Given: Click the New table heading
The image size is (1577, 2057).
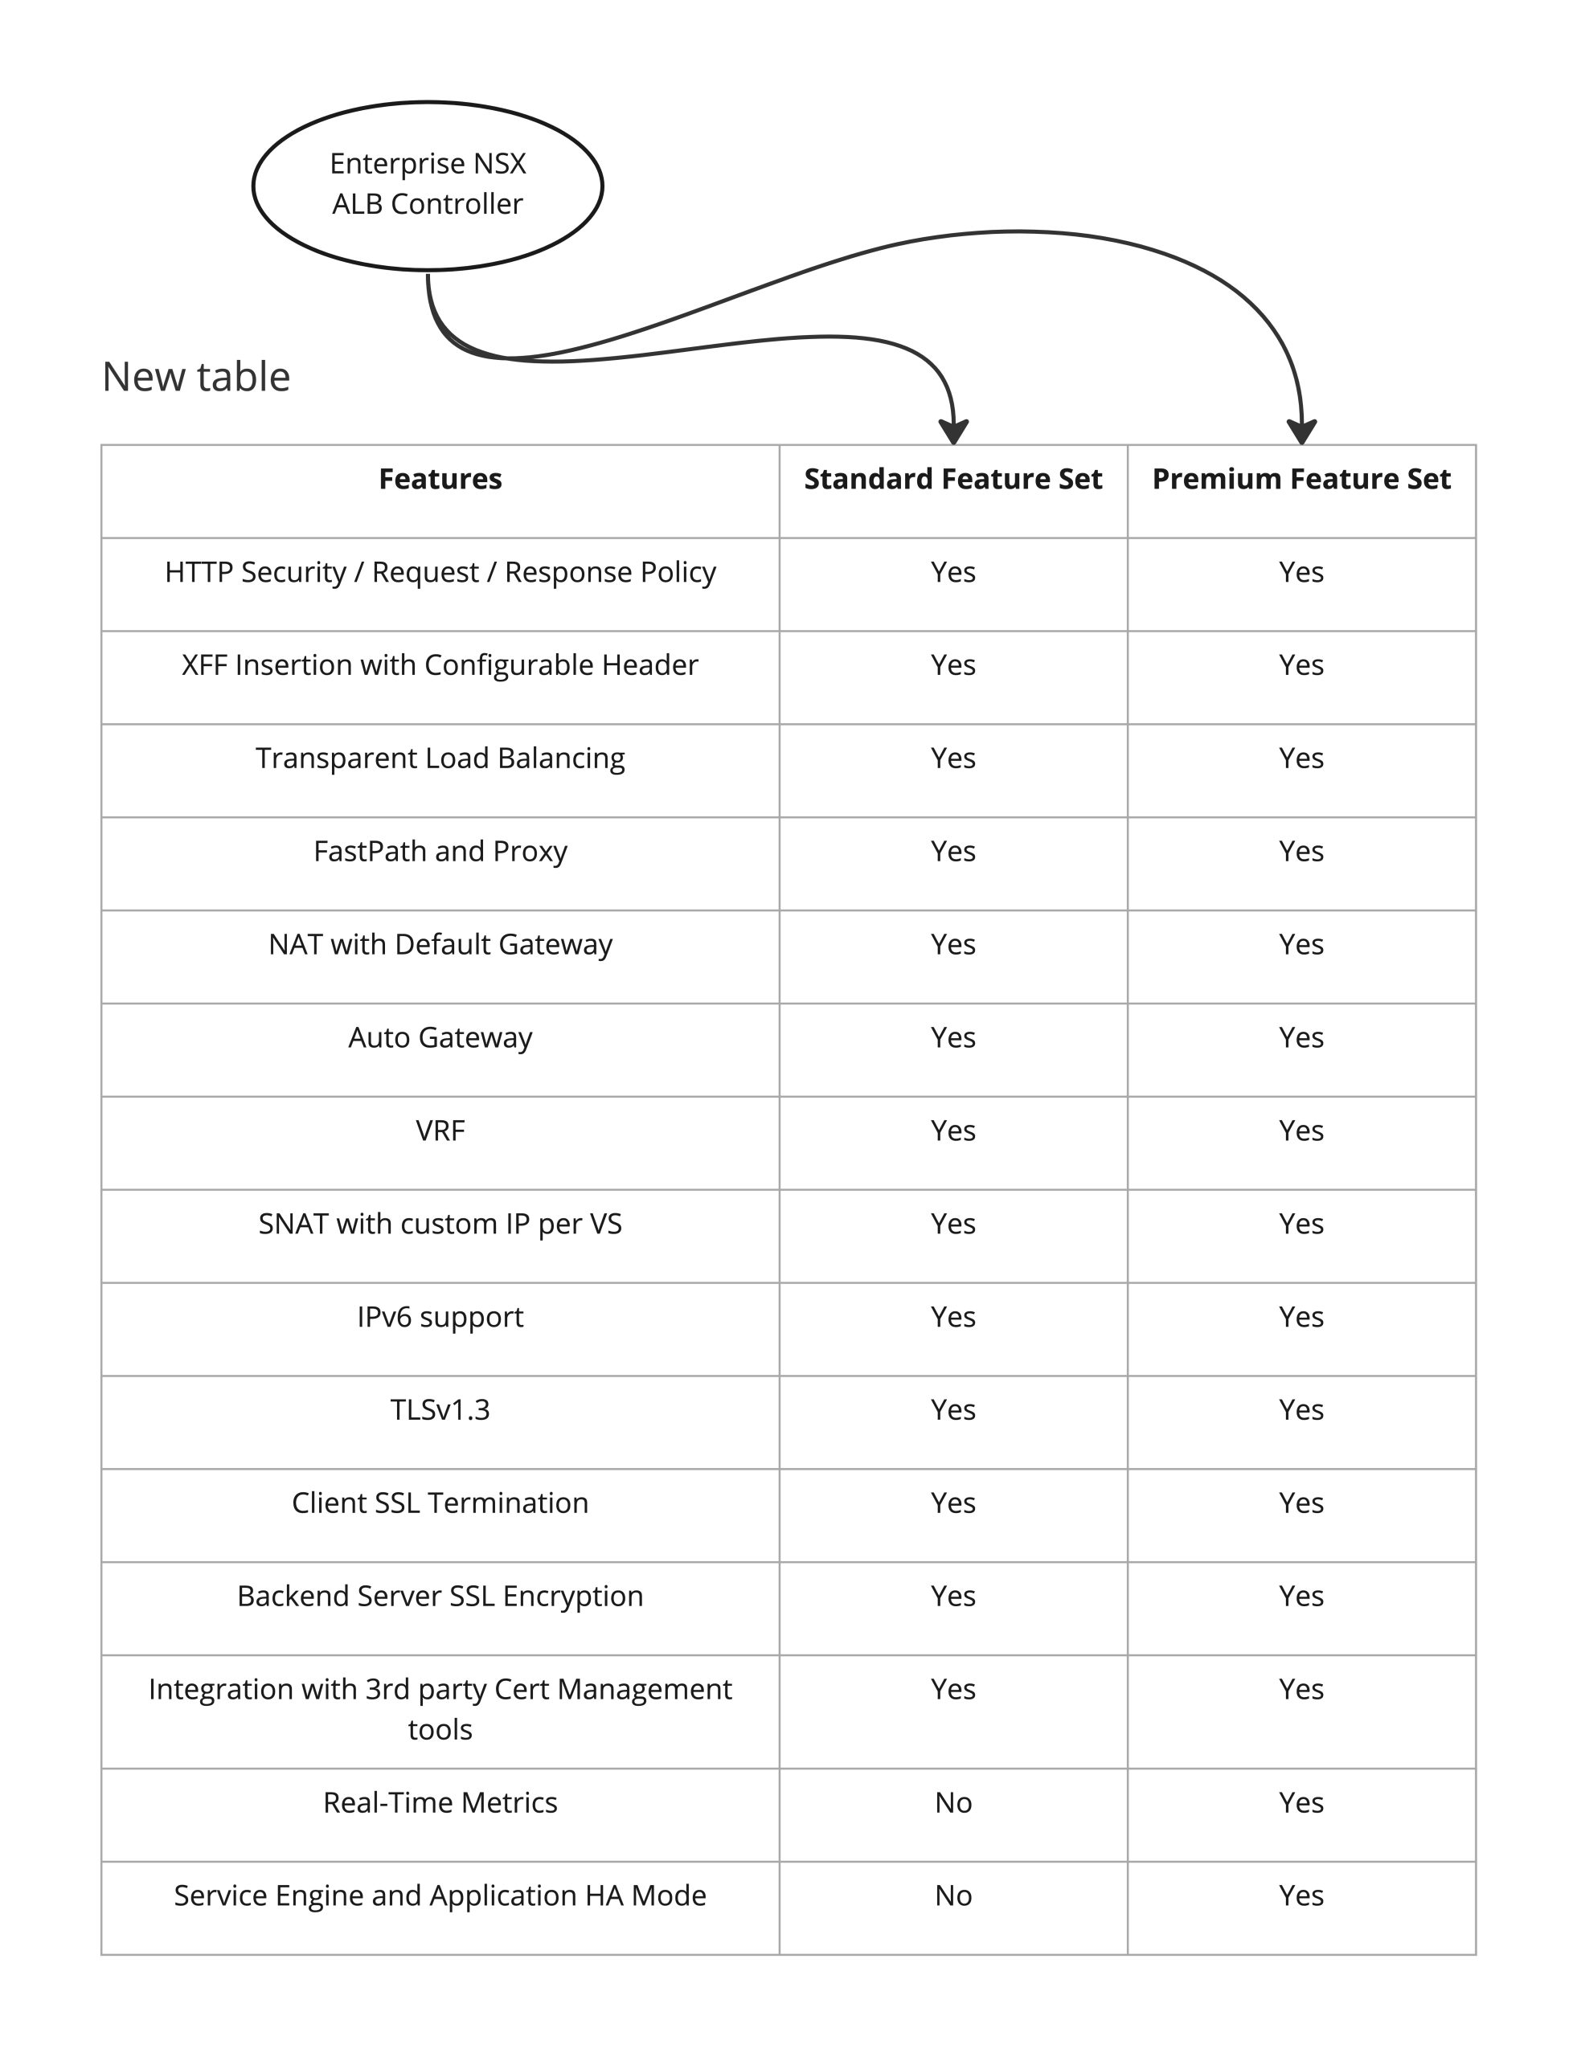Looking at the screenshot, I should [x=196, y=376].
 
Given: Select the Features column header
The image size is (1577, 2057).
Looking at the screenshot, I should [x=440, y=479].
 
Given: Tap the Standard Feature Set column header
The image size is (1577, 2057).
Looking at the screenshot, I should [x=952, y=479].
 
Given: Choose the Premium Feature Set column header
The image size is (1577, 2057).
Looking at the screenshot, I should [x=1301, y=479].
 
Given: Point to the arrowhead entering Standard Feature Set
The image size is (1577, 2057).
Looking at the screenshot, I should [x=954, y=431].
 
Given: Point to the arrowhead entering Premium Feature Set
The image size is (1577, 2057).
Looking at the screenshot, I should [x=1302, y=431].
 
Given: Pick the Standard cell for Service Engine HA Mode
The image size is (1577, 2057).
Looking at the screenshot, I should [x=952, y=1895].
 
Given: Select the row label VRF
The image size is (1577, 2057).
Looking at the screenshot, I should [x=440, y=1130].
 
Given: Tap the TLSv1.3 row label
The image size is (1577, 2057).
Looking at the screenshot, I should [x=440, y=1409].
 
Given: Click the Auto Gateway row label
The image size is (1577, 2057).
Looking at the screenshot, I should [x=440, y=1037].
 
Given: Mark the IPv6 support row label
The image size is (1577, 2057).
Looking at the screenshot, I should [x=440, y=1317].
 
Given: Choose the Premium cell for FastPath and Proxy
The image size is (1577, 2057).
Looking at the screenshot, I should [x=1301, y=851].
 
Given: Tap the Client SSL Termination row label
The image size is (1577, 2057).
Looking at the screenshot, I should [x=440, y=1503].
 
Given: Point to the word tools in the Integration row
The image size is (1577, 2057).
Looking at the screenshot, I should [x=440, y=1728].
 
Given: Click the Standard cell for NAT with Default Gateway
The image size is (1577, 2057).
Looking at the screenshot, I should [x=952, y=944].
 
